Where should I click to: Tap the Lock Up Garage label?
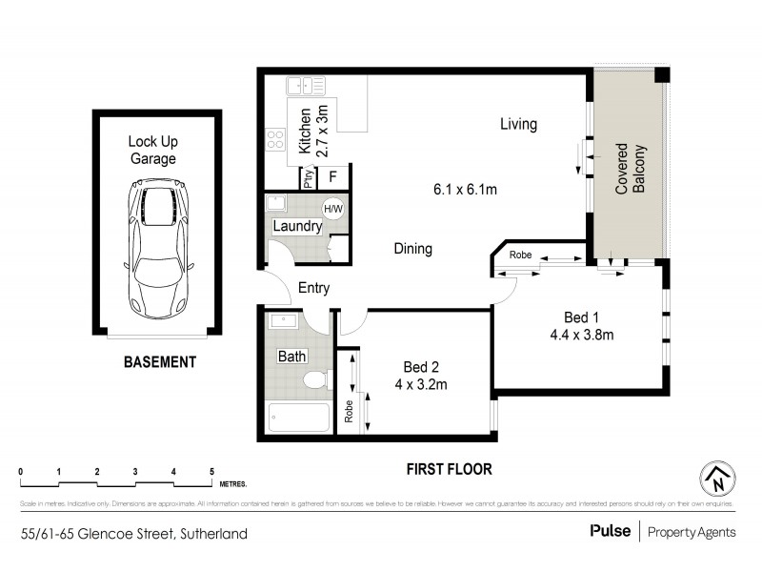(152, 151)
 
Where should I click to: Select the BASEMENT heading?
(159, 362)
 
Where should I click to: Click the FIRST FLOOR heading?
(447, 469)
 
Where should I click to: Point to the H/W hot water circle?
(333, 209)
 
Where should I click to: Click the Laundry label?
(296, 227)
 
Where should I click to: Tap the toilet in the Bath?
(315, 380)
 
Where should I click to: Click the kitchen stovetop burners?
(275, 140)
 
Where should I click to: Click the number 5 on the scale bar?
(211, 472)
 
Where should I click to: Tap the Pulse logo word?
(609, 531)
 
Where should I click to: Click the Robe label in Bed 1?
(520, 255)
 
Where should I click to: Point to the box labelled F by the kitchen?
(333, 176)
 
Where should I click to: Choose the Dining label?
(413, 249)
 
